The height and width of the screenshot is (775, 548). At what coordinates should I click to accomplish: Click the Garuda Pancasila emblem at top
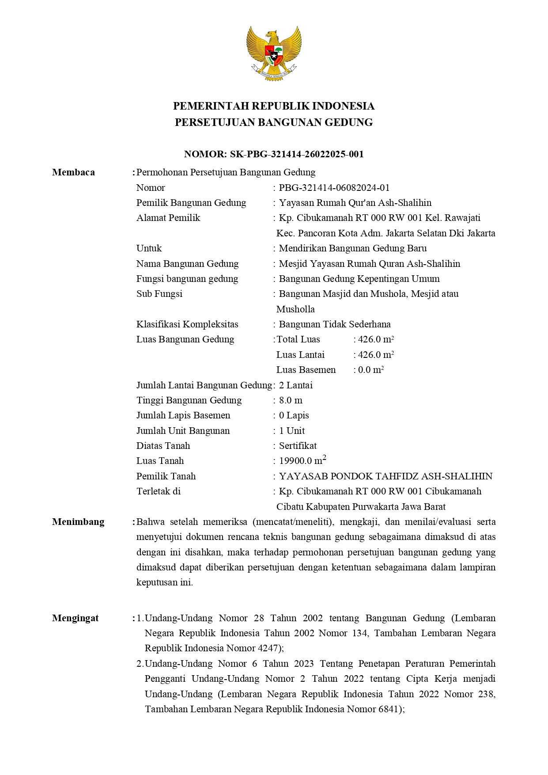[274, 53]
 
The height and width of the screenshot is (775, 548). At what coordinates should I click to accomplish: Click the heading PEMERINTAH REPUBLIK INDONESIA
[274, 106]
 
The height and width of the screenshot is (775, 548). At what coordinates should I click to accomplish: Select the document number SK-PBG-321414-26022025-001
[297, 154]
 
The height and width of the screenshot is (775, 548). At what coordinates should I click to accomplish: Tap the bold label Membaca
[73, 172]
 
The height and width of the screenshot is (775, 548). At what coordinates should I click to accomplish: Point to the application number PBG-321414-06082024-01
[334, 188]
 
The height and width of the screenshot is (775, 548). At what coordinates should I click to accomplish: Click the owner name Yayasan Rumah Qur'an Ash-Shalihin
[355, 203]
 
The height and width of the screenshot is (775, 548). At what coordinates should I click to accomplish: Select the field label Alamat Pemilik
[168, 218]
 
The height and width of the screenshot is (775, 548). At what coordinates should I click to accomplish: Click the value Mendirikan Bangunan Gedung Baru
[352, 248]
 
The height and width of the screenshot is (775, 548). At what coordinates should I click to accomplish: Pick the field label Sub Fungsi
[159, 294]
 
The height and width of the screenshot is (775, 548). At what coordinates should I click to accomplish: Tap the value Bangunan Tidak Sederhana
[334, 324]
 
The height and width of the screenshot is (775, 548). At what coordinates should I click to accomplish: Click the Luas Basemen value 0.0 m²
[370, 370]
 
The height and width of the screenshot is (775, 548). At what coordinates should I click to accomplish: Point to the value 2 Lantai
[295, 385]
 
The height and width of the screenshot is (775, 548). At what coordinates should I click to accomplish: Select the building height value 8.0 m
[291, 400]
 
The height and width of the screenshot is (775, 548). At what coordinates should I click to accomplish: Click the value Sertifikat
[298, 446]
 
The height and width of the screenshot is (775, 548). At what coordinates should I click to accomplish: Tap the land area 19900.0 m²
[302, 461]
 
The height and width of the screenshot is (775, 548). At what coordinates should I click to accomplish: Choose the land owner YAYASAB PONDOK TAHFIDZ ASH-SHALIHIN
[385, 476]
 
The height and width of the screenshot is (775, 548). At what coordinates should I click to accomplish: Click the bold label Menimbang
[78, 522]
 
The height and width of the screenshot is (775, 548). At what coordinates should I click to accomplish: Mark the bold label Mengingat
[75, 618]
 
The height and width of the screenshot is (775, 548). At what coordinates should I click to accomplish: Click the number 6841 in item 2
[389, 709]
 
